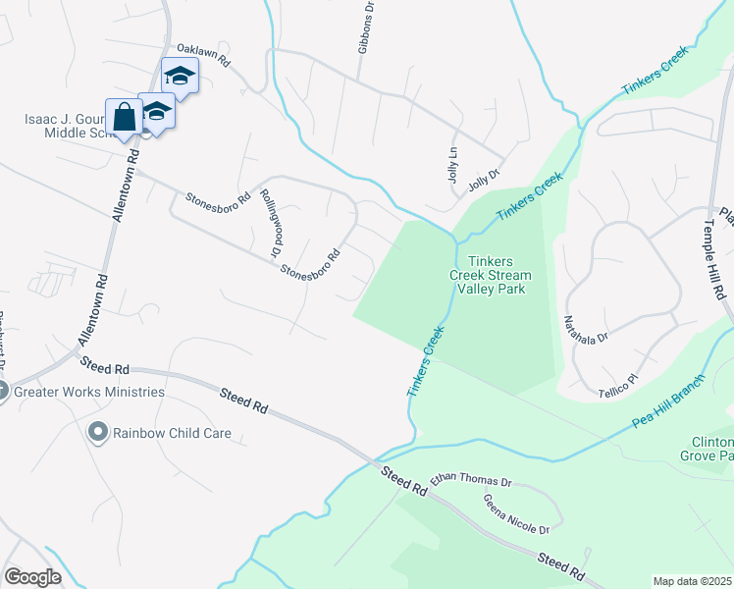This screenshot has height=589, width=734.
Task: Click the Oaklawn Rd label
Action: pos(203,54)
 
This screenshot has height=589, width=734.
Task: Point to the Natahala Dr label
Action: pos(586,322)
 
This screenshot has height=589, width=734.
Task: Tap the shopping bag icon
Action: pos(125,117)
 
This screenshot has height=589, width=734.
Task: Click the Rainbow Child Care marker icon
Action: pos(97,432)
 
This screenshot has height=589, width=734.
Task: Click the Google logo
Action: pos(32,577)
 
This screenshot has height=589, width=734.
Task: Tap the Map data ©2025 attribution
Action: pos(693,581)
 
